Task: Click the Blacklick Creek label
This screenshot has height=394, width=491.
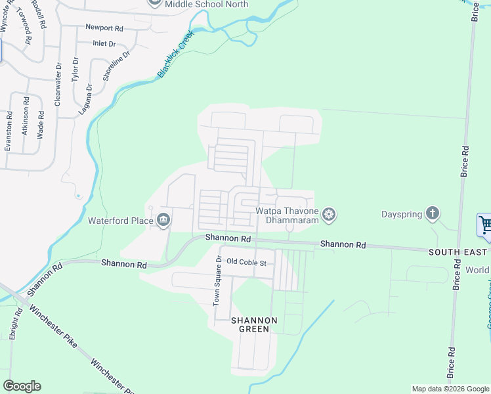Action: (x=175, y=55)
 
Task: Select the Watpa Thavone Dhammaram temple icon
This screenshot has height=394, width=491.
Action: (x=329, y=214)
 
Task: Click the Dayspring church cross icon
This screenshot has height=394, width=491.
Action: (x=432, y=213)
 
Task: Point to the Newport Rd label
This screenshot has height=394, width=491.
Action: (x=104, y=28)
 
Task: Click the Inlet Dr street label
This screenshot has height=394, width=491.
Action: (x=104, y=44)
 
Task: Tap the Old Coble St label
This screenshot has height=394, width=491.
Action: (x=246, y=263)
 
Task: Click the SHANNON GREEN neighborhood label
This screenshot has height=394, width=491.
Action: (x=253, y=324)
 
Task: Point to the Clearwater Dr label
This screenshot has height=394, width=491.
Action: (x=58, y=84)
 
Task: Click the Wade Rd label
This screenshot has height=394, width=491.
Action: (x=41, y=123)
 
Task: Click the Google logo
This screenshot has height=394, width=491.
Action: (x=22, y=386)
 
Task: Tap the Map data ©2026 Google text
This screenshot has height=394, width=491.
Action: (x=450, y=389)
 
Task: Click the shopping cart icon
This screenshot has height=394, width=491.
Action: (x=484, y=225)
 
